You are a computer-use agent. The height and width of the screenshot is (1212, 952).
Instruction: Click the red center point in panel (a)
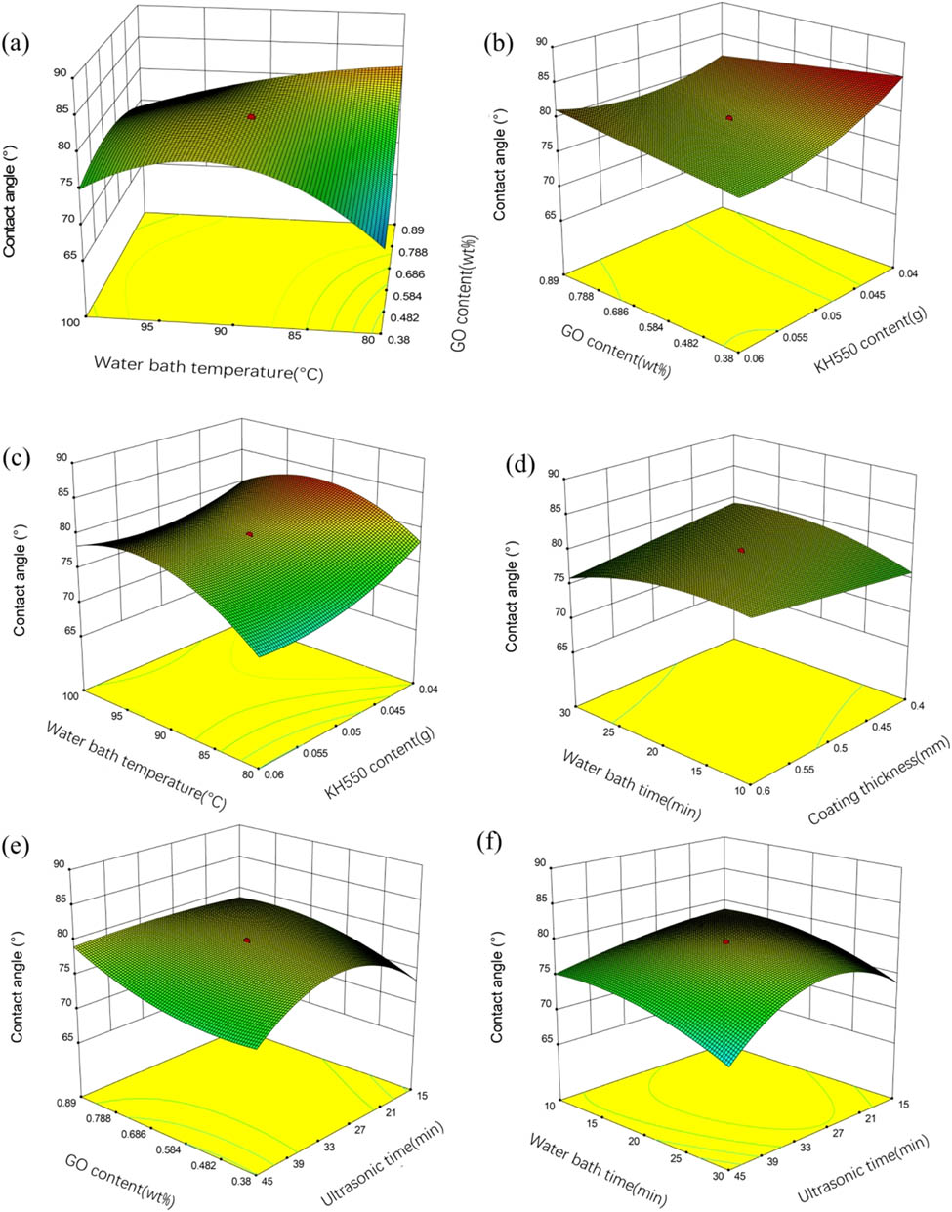pos(252,116)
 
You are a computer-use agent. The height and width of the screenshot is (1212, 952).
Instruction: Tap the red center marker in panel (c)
pos(250,534)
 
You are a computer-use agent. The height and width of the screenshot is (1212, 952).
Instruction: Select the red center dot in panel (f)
pos(725,941)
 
